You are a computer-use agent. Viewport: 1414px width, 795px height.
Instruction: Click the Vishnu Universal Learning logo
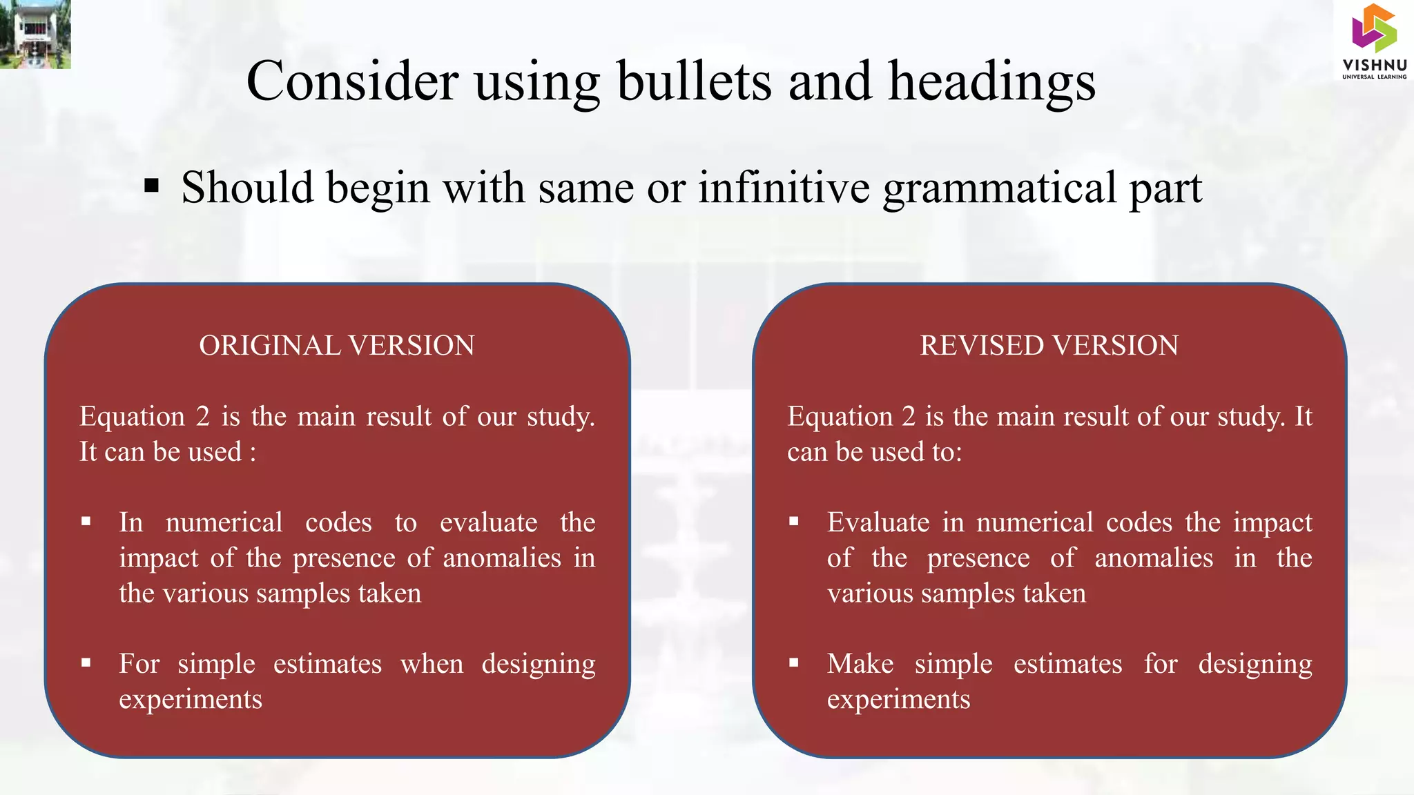pyautogui.click(x=1374, y=41)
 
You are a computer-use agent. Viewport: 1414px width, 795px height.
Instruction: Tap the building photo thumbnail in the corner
pyautogui.click(x=35, y=34)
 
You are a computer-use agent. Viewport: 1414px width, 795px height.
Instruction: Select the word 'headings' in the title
pyautogui.click(x=991, y=81)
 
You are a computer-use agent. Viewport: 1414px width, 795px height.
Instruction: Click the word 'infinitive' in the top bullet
pyautogui.click(x=784, y=187)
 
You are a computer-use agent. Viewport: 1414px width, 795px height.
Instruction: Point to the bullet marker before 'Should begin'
pyautogui.click(x=152, y=186)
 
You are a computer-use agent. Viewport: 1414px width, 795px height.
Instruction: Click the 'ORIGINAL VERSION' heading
pyautogui.click(x=337, y=345)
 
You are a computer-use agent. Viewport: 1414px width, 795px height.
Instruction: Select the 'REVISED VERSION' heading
pyautogui.click(x=1049, y=345)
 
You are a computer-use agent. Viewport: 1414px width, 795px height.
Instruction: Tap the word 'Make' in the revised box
pyautogui.click(x=860, y=664)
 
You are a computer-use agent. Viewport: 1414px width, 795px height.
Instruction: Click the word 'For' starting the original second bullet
pyautogui.click(x=139, y=664)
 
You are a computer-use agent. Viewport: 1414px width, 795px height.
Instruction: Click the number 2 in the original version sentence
pyautogui.click(x=202, y=417)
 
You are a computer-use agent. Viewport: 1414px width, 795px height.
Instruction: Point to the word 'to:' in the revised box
pyautogui.click(x=947, y=452)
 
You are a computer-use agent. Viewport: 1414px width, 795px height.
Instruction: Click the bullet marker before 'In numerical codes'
pyautogui.click(x=86, y=522)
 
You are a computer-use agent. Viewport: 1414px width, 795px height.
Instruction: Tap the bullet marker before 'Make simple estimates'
pyautogui.click(x=794, y=663)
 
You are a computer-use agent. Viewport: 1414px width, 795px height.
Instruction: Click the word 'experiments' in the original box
pyautogui.click(x=191, y=700)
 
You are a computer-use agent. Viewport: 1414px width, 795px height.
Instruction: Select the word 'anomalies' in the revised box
pyautogui.click(x=1154, y=558)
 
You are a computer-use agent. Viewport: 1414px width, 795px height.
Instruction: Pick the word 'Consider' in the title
pyautogui.click(x=352, y=81)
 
